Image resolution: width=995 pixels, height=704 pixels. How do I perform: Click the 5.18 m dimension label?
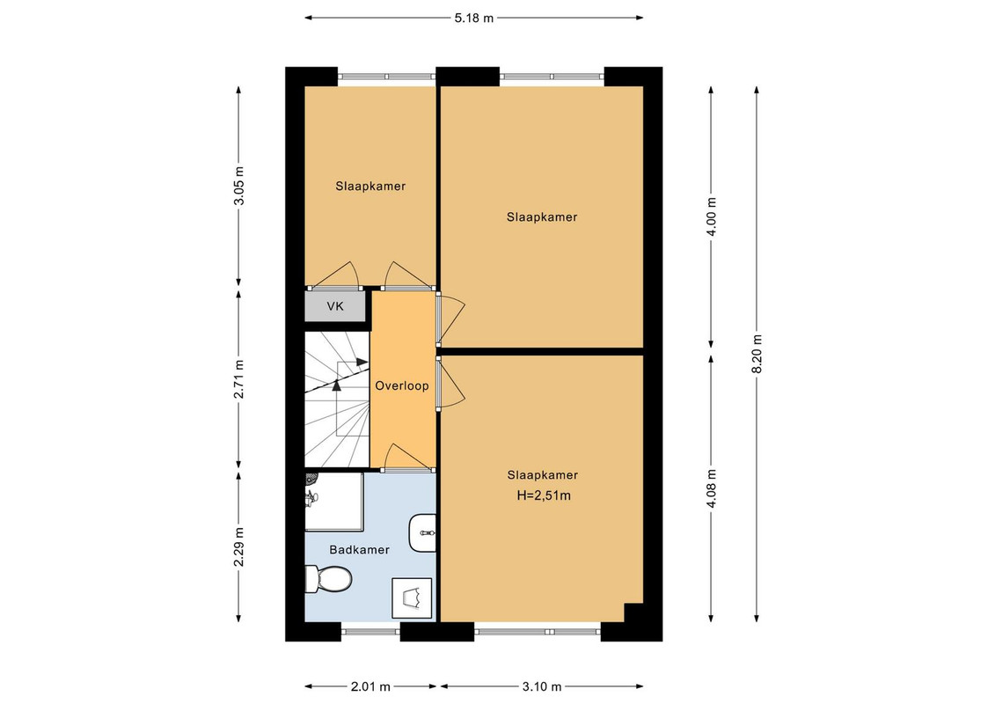coord(473,18)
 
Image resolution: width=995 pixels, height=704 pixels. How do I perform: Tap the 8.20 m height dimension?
coord(757,355)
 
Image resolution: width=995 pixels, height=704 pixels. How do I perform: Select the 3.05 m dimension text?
coord(238,186)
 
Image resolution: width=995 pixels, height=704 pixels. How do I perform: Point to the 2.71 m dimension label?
coord(238,379)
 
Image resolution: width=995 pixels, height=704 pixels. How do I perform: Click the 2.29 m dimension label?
coord(238,547)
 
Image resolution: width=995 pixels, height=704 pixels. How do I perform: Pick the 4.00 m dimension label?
coord(712,216)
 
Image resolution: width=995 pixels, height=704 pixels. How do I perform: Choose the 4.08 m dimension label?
coord(712,488)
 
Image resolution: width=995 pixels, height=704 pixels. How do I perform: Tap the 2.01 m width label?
coord(370,686)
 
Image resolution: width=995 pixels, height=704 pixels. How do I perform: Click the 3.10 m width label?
coord(541,686)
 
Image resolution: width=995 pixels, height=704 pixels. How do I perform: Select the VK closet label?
coord(335,306)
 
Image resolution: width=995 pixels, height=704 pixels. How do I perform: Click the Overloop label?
coord(402,386)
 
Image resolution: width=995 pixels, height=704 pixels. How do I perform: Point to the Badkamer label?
coord(359,550)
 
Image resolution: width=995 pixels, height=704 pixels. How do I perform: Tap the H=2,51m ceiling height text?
coord(544,495)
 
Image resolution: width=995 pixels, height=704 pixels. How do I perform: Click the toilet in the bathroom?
coord(328,579)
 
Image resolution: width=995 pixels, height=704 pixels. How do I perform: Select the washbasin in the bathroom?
coord(422,533)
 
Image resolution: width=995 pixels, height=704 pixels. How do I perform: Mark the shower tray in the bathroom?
coord(334,502)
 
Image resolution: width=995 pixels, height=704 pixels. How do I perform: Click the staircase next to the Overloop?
coord(337,400)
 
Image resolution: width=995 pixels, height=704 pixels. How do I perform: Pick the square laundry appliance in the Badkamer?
coord(412,598)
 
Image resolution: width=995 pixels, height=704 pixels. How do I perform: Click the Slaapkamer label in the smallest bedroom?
coord(370,186)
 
